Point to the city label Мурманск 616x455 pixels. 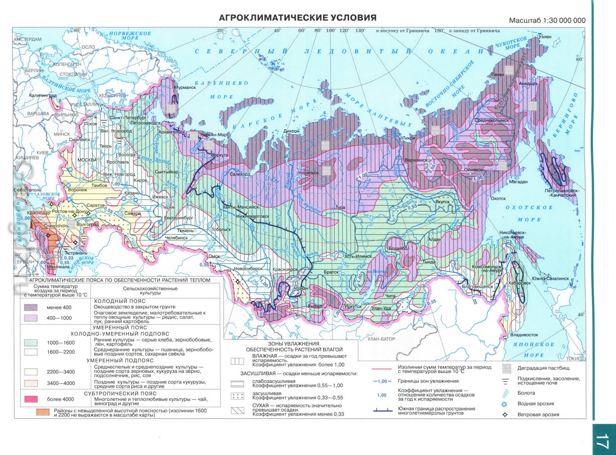[x=185, y=87]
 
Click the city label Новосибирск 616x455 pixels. [x=248, y=268]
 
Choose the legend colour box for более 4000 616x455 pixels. [x=31, y=399]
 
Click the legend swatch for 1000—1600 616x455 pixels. [x=31, y=343]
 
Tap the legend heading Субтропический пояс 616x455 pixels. [x=120, y=394]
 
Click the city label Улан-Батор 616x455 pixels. [x=381, y=339]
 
